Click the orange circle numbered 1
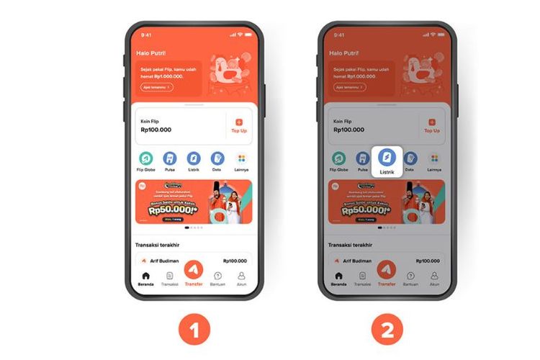coord(194,330)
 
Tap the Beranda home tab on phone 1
coord(146,278)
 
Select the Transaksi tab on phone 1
coord(170,278)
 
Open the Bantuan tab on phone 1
coord(217,278)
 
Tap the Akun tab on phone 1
coord(241,278)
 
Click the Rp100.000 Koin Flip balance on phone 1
coord(156,130)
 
